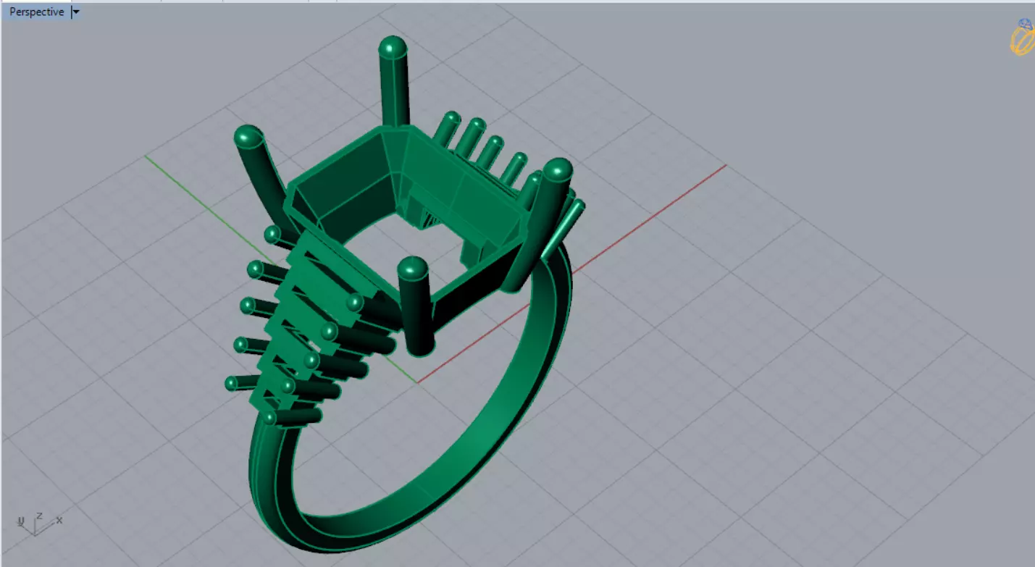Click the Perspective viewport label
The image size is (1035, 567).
[36, 12]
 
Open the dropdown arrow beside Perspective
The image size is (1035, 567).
[76, 12]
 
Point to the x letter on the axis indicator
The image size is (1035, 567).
[59, 520]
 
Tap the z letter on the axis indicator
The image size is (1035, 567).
[40, 516]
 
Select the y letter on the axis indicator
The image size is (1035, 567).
[21, 521]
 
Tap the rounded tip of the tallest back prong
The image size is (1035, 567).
[392, 47]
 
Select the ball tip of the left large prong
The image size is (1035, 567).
[248, 136]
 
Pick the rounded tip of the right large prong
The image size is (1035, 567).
[558, 170]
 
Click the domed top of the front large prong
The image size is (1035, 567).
[412, 267]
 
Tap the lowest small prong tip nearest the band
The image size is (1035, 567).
[269, 417]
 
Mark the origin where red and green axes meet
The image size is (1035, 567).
[418, 382]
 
